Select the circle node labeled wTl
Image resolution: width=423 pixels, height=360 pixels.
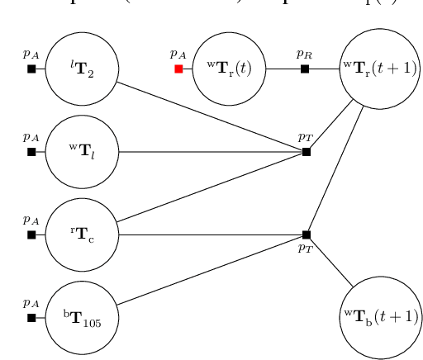[82, 152]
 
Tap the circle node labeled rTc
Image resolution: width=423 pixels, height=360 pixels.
[82, 234]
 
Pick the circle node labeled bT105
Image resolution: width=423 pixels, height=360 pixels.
[82, 317]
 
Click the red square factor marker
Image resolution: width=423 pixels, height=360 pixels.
[178, 69]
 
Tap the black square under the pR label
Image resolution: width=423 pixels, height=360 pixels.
[305, 69]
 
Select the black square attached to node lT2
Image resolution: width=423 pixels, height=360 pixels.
[31, 69]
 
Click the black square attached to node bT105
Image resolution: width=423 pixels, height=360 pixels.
[31, 317]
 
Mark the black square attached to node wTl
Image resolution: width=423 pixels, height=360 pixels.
[31, 152]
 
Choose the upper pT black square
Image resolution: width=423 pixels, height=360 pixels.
[307, 152]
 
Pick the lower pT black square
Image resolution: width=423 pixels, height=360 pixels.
[307, 234]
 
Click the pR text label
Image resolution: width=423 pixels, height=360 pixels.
[305, 54]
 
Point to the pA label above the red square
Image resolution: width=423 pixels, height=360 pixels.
[178, 54]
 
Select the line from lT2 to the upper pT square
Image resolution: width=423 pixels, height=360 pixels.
[211, 116]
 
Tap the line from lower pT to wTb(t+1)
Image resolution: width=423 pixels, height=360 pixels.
[330, 261]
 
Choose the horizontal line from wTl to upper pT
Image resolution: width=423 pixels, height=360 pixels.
[211, 152]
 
